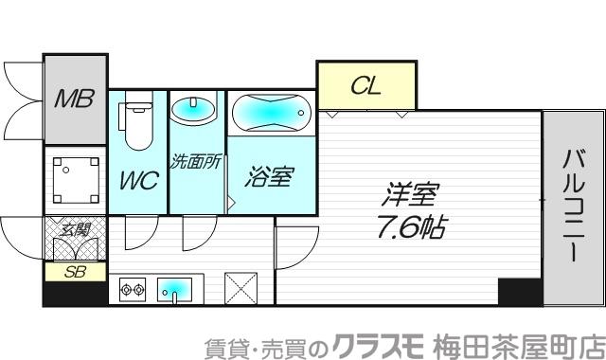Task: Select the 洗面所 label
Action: coord(195,161)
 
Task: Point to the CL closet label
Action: coord(365,86)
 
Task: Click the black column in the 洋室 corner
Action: coord(519,292)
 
